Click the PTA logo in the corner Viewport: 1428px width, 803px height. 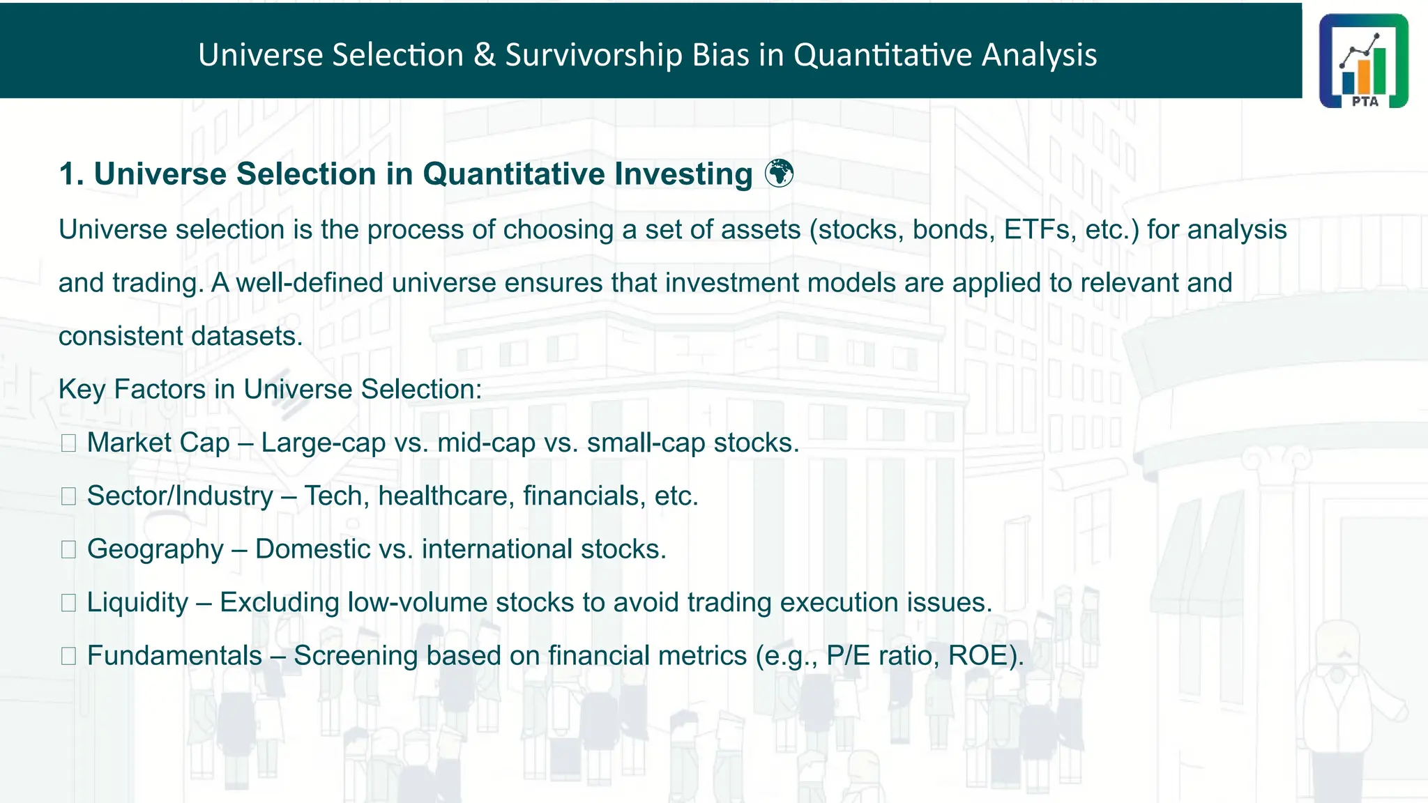coord(1363,61)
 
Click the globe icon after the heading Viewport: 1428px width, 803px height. coord(779,174)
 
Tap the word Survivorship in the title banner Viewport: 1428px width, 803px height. coord(593,55)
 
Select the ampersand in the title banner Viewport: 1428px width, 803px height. coord(484,55)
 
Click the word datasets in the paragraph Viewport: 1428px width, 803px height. coord(245,337)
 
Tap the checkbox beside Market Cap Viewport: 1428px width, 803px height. coord(68,443)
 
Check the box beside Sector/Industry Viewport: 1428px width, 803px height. coord(68,496)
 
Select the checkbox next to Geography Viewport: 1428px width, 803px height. coord(68,550)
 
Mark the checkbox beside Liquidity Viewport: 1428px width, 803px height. coord(68,603)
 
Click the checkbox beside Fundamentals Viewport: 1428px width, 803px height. coord(68,656)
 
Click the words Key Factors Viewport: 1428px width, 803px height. coord(132,390)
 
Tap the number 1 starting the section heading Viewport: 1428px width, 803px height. coord(67,174)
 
